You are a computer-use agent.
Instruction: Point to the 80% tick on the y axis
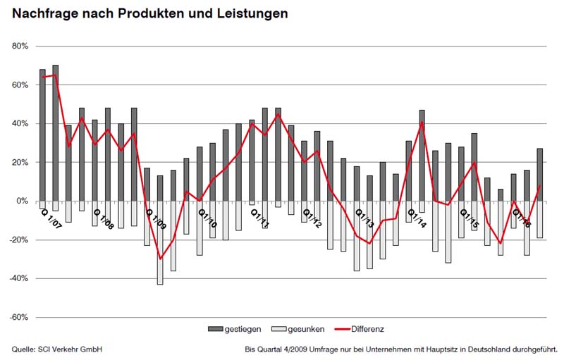tap(18, 46)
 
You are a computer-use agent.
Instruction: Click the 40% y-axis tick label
tap(18, 124)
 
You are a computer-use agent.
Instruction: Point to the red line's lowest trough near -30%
tap(161, 259)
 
